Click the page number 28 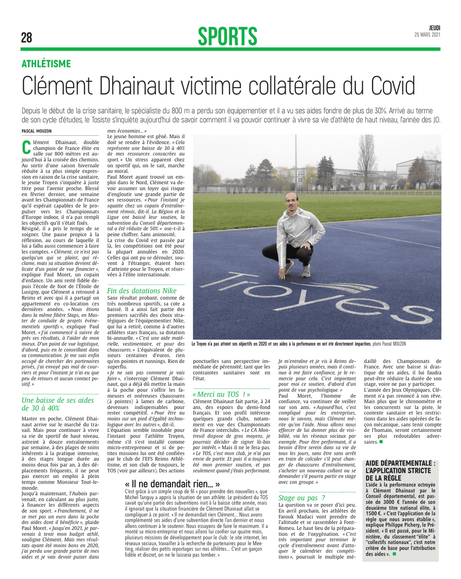tap(27, 38)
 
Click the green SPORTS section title tap(228, 36)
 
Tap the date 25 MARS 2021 tap(427, 35)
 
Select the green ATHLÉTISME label tap(46, 64)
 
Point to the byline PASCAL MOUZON tap(37, 131)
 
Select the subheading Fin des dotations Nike tap(142, 291)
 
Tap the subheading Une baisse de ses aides tap(58, 400)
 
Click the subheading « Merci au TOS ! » tap(222, 394)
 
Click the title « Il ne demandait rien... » tap(173, 484)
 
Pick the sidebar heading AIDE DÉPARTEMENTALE tap(400, 463)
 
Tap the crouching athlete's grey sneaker tap(306, 271)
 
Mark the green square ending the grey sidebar tap(394, 554)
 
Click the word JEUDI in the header tap(435, 28)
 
